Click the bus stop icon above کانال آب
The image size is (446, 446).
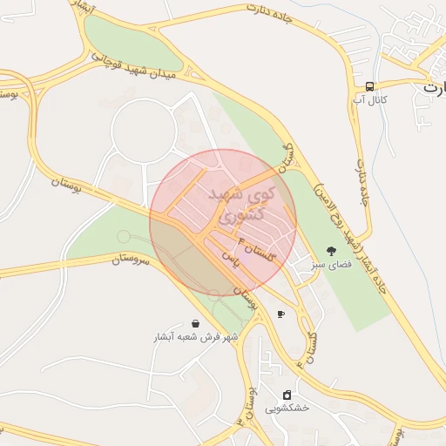click(x=370, y=86)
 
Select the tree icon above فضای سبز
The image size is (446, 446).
click(x=330, y=252)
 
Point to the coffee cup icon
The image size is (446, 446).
click(x=280, y=314)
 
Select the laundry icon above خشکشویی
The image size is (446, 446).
click(x=287, y=395)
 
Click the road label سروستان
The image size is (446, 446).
click(x=132, y=258)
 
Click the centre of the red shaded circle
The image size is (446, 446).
click(x=223, y=223)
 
